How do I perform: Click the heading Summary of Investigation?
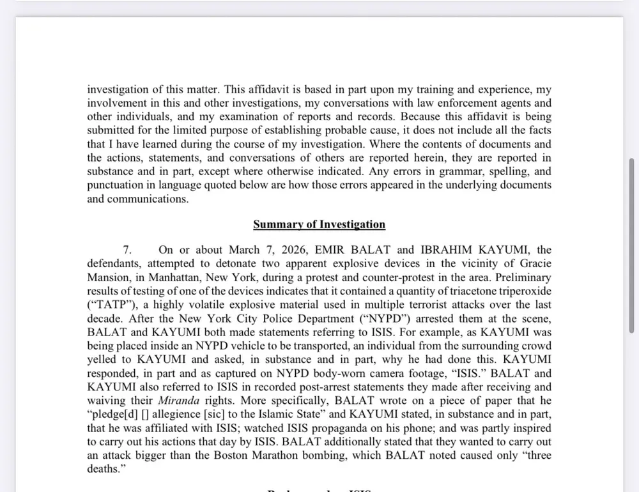coord(319,224)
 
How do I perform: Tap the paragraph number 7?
coord(127,250)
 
